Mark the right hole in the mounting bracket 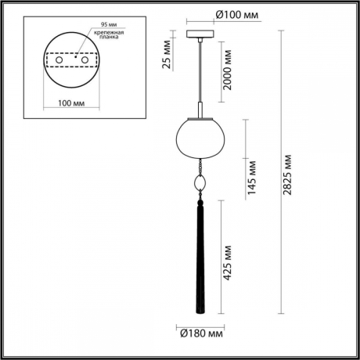(85, 59)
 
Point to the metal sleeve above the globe (202, 109)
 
